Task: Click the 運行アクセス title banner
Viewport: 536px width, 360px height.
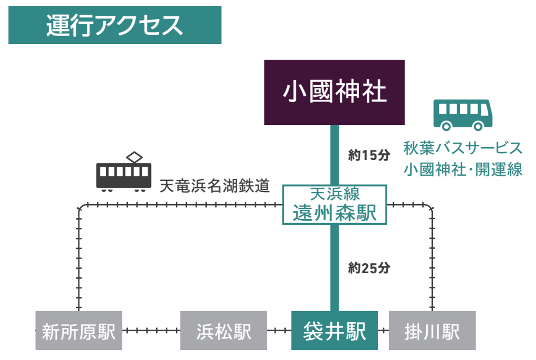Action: click(x=114, y=25)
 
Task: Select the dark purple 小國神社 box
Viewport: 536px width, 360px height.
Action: click(x=335, y=92)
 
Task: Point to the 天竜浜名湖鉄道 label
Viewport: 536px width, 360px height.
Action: click(x=215, y=185)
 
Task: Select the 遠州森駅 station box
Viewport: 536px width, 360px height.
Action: click(x=334, y=205)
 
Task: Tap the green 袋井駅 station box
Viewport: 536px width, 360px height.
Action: click(x=335, y=331)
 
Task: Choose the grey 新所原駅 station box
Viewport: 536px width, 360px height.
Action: click(x=78, y=331)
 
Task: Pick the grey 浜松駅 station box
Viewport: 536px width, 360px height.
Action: click(x=224, y=331)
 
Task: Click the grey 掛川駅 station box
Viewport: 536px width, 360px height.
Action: click(x=432, y=331)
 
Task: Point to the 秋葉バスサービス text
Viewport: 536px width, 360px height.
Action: click(x=463, y=148)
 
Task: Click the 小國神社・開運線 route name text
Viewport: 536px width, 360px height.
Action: click(x=463, y=169)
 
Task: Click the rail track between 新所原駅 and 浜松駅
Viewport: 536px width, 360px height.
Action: click(x=151, y=331)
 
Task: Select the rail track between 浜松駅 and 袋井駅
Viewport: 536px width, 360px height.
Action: click(x=279, y=331)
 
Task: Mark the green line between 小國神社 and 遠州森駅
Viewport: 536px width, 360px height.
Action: click(x=335, y=154)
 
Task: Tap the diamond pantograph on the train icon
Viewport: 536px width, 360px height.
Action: click(x=135, y=157)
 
